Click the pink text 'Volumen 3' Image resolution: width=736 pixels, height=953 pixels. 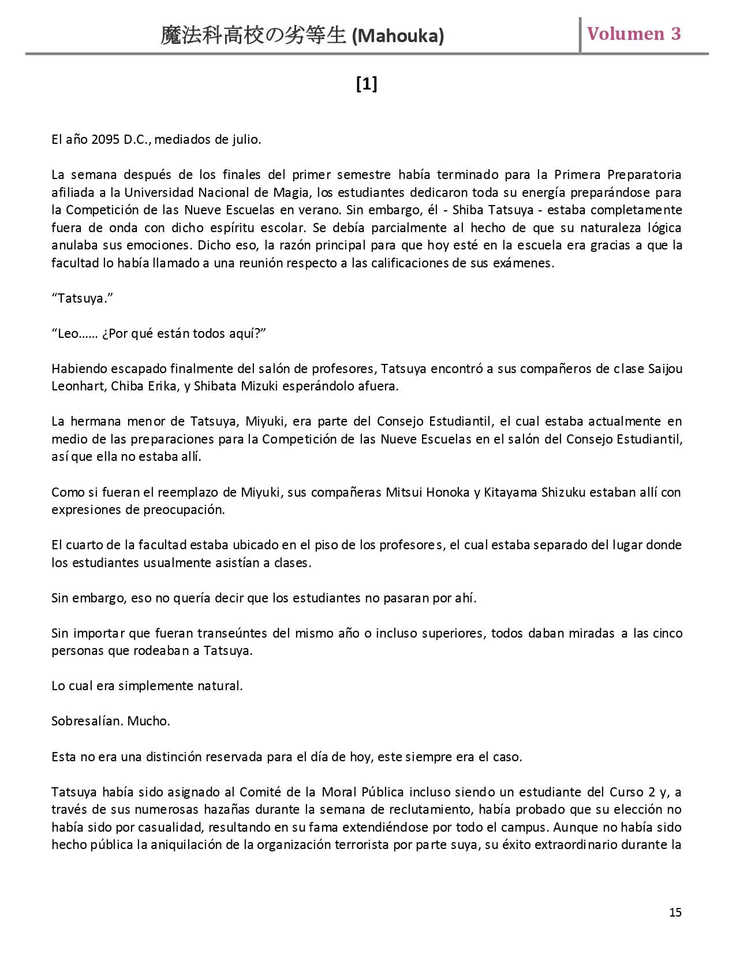pyautogui.click(x=634, y=34)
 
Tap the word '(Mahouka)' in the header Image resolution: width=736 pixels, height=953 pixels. pyautogui.click(x=398, y=36)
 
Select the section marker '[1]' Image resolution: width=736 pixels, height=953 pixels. pyautogui.click(x=367, y=84)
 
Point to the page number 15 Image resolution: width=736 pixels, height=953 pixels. pyautogui.click(x=675, y=912)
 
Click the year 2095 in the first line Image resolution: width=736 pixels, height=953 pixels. pyautogui.click(x=106, y=140)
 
